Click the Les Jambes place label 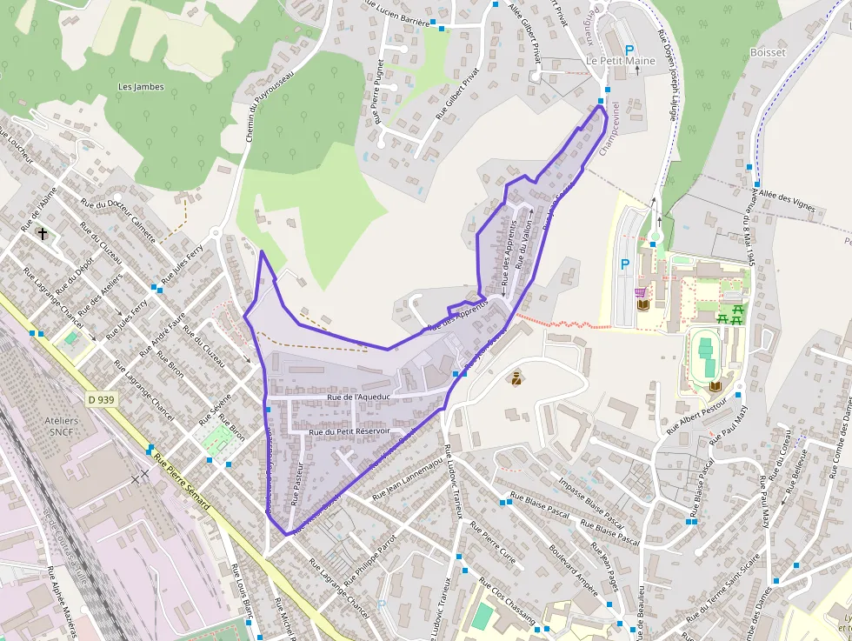(x=140, y=87)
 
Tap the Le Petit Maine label (x=620, y=61)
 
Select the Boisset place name (x=767, y=53)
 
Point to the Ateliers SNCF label (x=61, y=427)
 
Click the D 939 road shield (x=101, y=399)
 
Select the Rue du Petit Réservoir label (x=349, y=431)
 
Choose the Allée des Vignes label (x=788, y=204)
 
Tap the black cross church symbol (x=43, y=233)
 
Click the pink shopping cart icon (x=640, y=292)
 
